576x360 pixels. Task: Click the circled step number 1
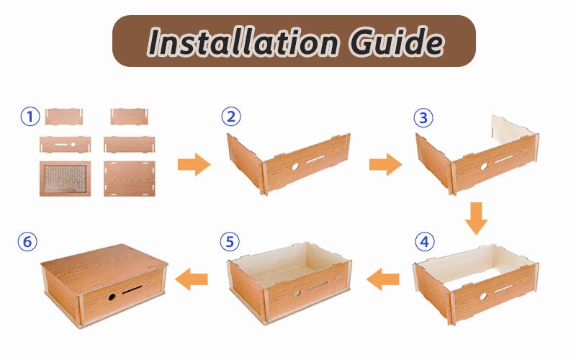pyautogui.click(x=29, y=116)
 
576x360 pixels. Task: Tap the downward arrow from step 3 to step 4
pyautogui.click(x=474, y=217)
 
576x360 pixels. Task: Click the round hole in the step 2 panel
pyautogui.click(x=297, y=167)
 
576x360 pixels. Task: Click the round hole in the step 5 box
pyautogui.click(x=300, y=291)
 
